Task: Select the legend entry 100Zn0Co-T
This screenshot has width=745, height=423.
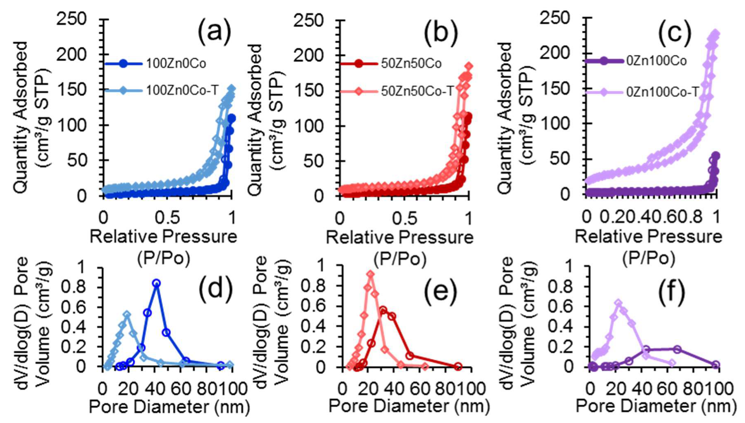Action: pos(183,90)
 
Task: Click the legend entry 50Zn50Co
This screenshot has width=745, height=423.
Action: pos(411,64)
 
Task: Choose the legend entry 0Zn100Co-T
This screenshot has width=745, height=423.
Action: pos(662,92)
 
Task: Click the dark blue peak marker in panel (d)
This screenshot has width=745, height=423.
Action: pos(156,283)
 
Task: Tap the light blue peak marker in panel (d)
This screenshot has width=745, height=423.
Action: pos(127,315)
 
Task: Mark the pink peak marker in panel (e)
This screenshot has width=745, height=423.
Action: pos(370,274)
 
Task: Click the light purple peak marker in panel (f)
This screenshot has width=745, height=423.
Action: pos(618,303)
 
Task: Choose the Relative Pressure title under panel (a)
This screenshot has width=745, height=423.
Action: pos(163,237)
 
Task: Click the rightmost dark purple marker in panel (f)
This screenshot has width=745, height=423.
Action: pos(715,365)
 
